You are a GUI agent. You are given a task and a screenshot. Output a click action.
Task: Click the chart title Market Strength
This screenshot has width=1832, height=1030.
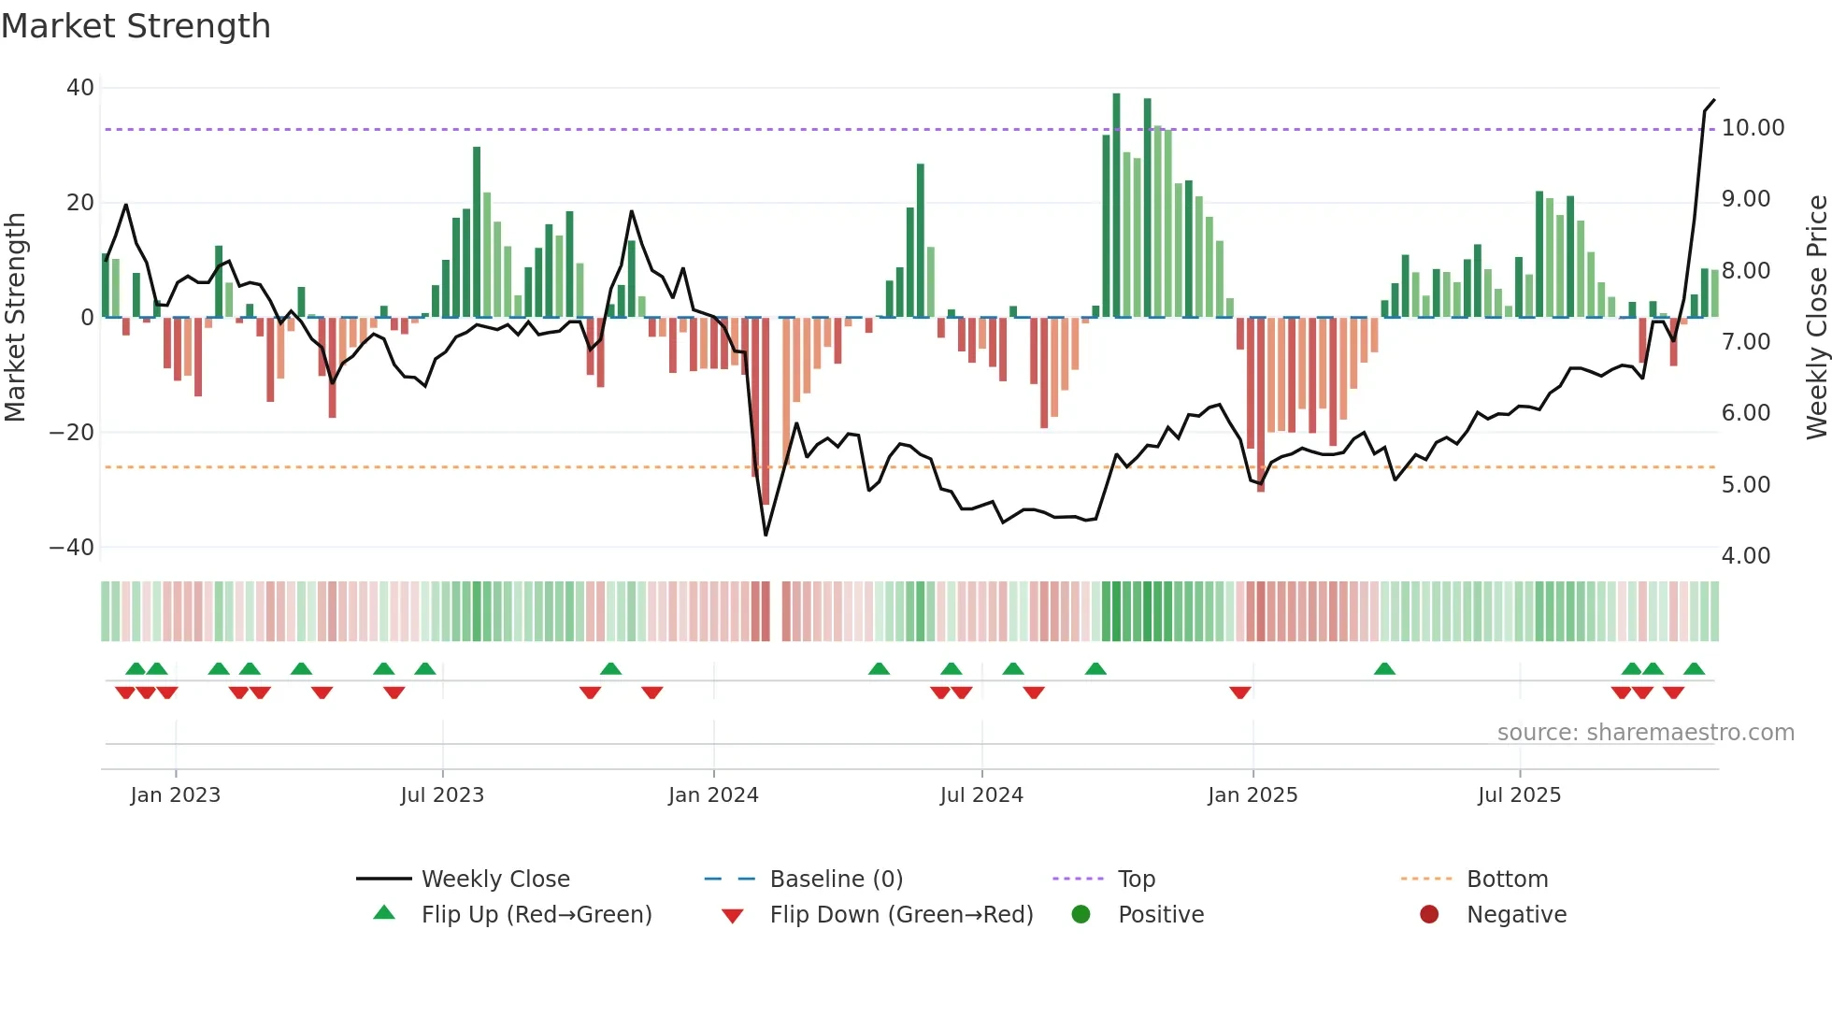coord(136,26)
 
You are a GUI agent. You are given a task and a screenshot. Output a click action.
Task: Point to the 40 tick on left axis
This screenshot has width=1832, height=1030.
coord(80,88)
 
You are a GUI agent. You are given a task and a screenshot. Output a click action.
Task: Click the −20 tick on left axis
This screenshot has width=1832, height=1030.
coord(72,433)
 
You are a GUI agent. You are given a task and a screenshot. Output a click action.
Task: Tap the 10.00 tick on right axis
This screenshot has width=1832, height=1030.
coord(1753,128)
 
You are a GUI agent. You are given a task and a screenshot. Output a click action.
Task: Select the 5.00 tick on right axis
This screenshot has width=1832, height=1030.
coord(1745,485)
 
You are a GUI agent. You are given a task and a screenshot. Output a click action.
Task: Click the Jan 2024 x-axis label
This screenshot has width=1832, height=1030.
coord(713,795)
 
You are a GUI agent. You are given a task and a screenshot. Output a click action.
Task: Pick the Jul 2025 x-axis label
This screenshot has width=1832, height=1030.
coord(1519,795)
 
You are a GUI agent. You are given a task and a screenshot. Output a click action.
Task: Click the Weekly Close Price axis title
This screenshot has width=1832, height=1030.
coord(1816,318)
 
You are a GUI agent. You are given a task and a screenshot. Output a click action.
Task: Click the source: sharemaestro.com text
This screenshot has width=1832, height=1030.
coord(1645,733)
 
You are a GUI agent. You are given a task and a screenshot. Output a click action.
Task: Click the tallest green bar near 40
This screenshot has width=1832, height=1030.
coord(1116,206)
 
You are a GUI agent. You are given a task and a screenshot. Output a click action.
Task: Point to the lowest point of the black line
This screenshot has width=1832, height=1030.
coord(766,535)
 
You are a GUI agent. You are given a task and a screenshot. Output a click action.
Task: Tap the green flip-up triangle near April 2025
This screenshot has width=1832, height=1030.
coord(1384,669)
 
